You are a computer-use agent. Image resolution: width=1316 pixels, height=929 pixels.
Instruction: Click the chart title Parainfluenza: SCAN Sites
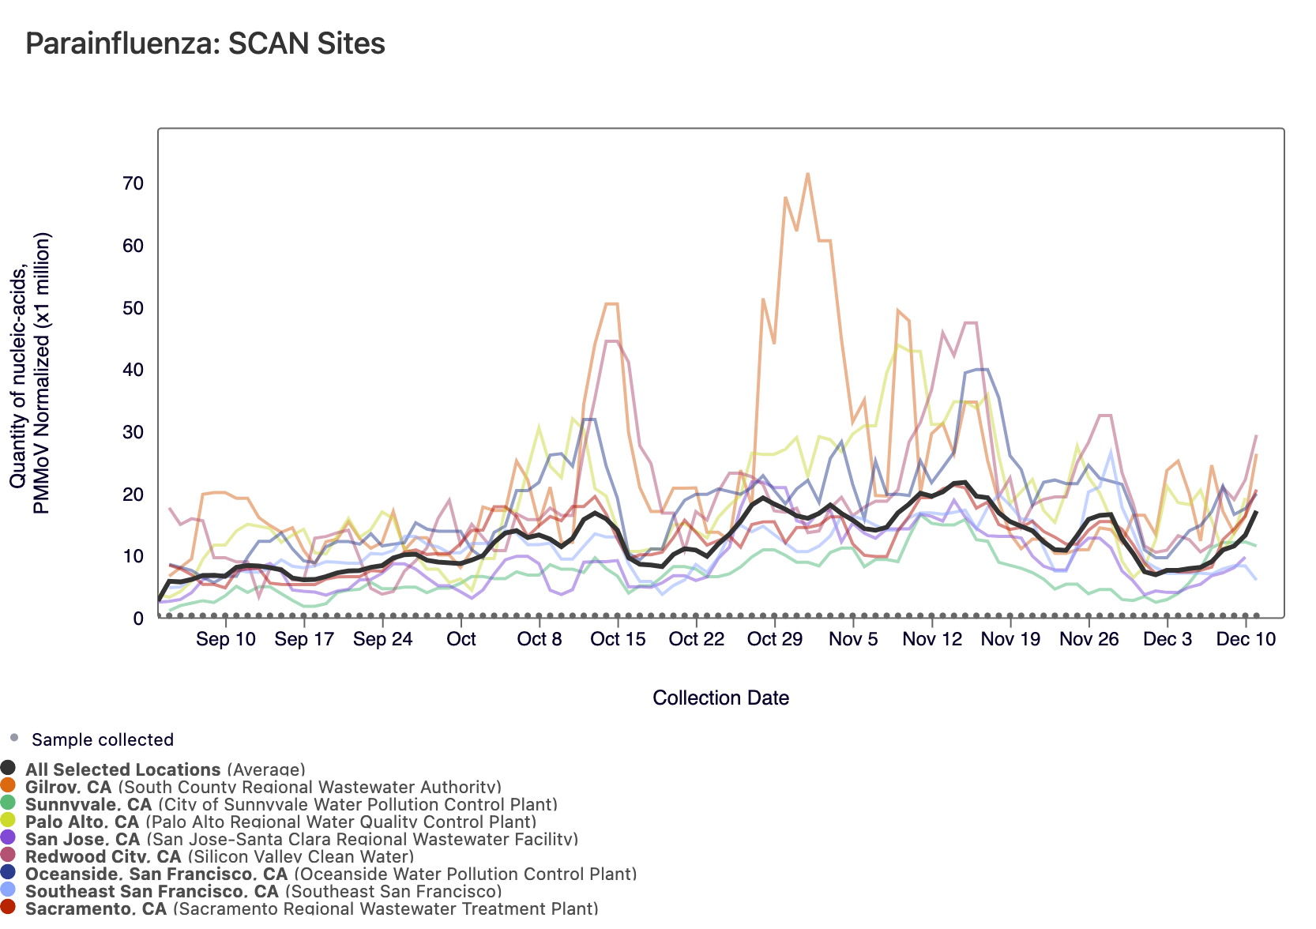click(205, 43)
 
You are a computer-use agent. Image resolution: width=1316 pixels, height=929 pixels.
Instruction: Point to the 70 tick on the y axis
click(133, 184)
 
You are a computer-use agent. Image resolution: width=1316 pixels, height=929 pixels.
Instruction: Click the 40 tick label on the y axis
click(133, 370)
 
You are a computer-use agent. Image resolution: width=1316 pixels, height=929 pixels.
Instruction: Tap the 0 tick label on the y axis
click(138, 619)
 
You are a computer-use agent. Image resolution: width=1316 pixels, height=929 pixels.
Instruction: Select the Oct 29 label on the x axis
click(774, 639)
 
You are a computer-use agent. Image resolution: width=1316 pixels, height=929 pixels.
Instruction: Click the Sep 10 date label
click(226, 639)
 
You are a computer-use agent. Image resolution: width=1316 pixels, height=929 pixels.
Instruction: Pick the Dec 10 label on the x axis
click(1246, 639)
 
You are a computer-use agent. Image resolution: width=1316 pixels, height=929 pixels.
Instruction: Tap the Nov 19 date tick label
click(1010, 639)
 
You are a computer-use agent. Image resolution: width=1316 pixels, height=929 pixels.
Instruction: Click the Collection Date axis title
click(720, 698)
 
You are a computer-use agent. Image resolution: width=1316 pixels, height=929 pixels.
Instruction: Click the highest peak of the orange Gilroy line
click(807, 174)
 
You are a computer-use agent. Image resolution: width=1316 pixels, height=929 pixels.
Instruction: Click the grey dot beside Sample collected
click(13, 739)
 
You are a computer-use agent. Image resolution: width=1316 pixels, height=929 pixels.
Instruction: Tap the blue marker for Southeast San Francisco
click(9, 891)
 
